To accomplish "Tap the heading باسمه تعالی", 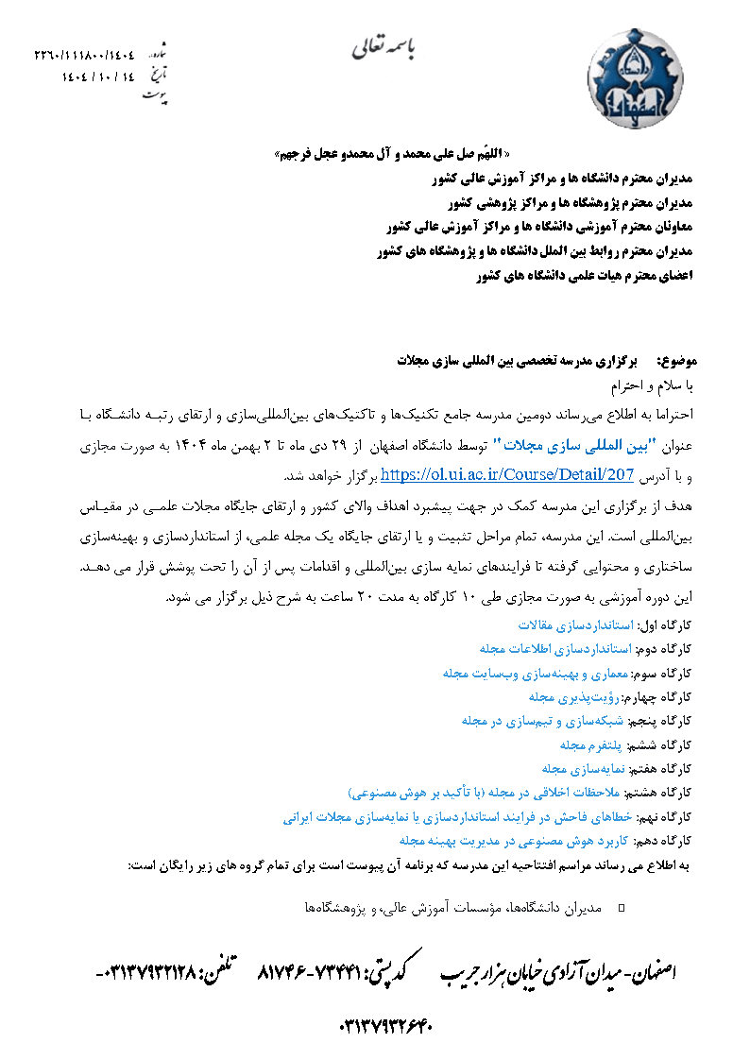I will tap(389, 46).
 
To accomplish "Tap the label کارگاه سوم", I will tap(667, 674).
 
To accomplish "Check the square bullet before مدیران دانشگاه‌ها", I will tap(621, 908).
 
